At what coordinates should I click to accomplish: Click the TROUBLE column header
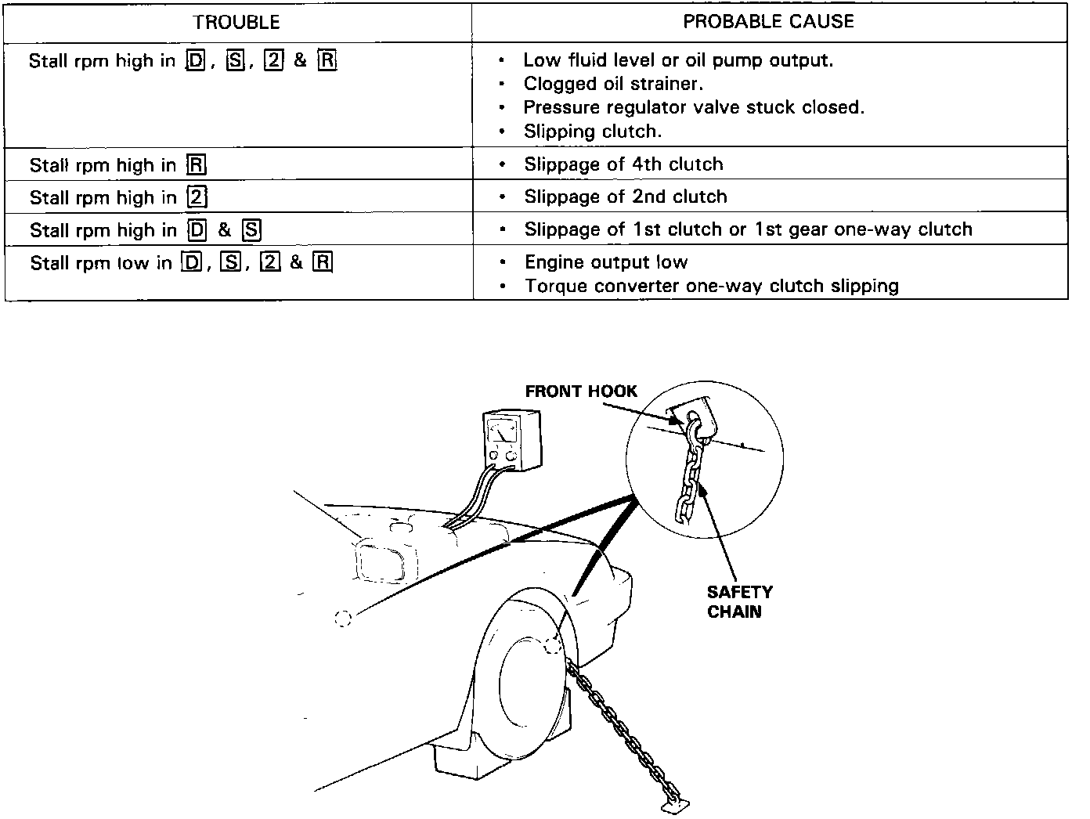click(x=236, y=23)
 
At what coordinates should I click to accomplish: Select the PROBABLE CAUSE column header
click(x=768, y=21)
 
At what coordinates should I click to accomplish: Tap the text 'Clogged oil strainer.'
click(x=613, y=84)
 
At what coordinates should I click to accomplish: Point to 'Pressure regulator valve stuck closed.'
click(x=694, y=107)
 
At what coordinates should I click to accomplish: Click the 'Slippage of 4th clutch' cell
click(x=623, y=164)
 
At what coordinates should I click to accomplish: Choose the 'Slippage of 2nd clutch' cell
click(x=625, y=197)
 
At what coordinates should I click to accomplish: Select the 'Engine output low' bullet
click(x=606, y=262)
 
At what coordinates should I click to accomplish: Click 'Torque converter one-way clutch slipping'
click(x=711, y=286)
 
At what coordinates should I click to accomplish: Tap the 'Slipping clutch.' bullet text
click(x=593, y=132)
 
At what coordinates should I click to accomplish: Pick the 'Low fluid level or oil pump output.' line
click(x=678, y=60)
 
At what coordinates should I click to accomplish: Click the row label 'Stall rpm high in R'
click(x=117, y=165)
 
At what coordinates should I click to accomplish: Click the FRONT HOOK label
click(x=581, y=391)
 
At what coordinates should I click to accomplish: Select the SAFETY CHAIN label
click(x=739, y=601)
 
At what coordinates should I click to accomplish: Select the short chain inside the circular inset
click(x=688, y=478)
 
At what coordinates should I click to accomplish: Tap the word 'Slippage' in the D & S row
click(x=558, y=229)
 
